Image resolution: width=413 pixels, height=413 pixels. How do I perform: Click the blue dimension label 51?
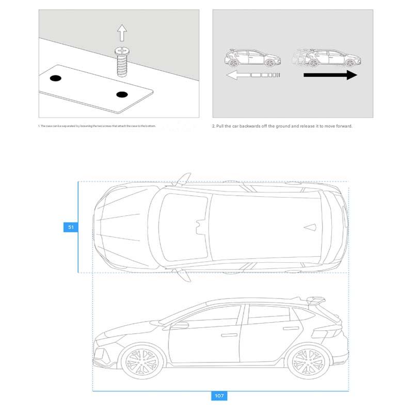(x=71, y=227)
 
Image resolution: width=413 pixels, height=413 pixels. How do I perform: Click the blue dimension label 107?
(x=219, y=396)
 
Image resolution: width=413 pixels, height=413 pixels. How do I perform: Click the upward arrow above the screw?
(x=122, y=34)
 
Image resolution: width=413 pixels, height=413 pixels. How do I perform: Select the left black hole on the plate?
(x=55, y=78)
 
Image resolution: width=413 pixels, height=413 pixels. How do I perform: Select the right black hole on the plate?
(x=122, y=94)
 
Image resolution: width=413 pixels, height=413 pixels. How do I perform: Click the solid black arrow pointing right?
(x=330, y=75)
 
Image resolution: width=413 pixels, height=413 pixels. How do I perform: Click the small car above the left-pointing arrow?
(x=252, y=57)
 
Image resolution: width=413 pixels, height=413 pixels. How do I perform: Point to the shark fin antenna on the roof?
(x=311, y=227)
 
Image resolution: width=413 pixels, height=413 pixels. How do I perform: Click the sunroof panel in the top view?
(x=183, y=227)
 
